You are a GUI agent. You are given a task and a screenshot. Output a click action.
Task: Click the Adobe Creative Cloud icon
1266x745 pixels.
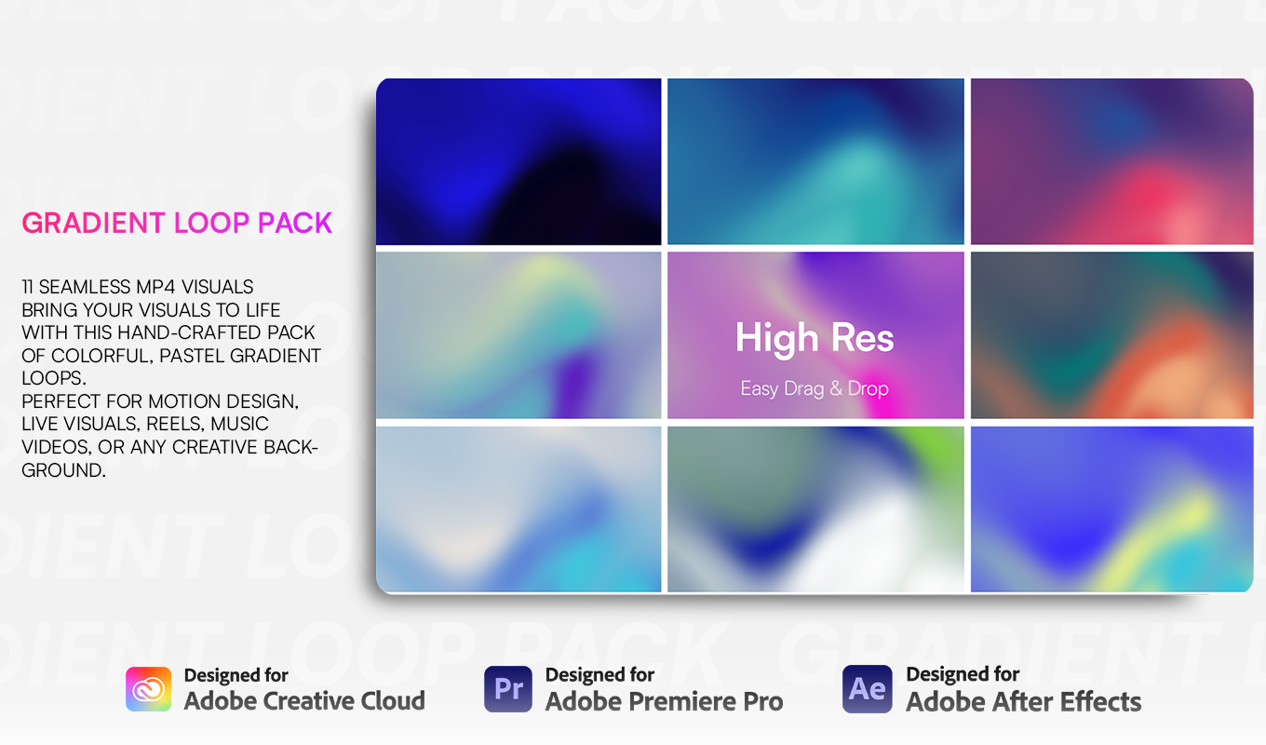point(148,688)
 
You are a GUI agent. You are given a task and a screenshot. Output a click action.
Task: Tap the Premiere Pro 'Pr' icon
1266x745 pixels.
point(508,688)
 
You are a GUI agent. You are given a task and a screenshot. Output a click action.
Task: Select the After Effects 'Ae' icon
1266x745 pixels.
point(867,688)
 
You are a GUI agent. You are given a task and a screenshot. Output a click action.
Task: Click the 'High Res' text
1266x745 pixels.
point(815,338)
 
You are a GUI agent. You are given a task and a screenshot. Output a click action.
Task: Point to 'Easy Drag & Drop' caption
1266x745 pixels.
point(815,389)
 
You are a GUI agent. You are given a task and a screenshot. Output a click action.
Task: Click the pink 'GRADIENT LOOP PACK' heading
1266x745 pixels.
point(177,223)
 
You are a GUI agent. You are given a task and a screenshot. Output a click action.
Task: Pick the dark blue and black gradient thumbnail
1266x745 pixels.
point(519,162)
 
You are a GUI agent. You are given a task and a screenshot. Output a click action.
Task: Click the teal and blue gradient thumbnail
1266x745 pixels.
point(815,162)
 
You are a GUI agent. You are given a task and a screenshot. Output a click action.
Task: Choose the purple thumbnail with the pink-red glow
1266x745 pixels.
point(1111,162)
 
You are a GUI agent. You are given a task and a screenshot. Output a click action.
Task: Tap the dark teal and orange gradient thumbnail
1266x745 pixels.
point(1111,335)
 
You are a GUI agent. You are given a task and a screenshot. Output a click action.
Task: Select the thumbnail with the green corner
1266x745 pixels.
point(815,509)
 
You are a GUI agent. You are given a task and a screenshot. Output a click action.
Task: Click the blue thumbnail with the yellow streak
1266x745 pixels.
point(1111,509)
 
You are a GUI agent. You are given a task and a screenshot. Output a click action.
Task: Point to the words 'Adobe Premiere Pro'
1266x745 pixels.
point(664,701)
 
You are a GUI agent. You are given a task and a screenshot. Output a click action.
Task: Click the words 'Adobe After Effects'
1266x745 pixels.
point(1024,701)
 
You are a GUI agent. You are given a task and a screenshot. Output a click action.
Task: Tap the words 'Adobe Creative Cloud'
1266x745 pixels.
point(304,701)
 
